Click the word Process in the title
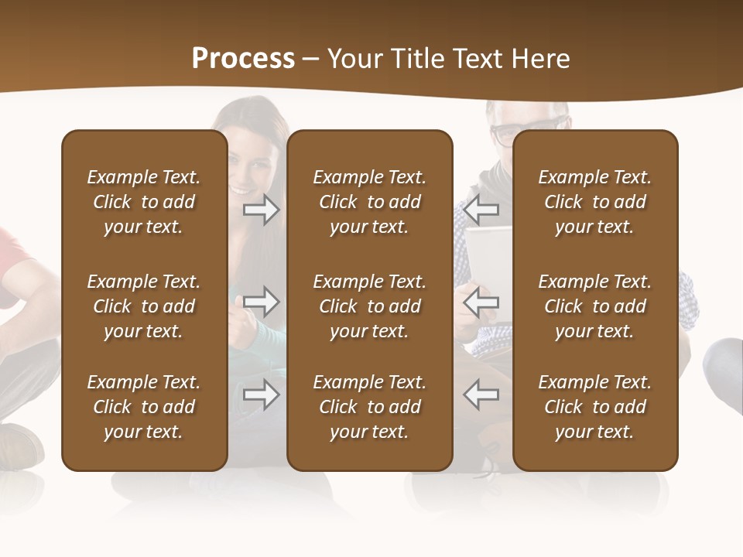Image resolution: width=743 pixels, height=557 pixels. pyautogui.click(x=243, y=59)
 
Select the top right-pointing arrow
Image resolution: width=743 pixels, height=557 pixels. pyautogui.click(x=262, y=210)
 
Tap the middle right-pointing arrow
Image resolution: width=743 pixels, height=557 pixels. pyautogui.click(x=262, y=302)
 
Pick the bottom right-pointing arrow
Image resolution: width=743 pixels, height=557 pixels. pyautogui.click(x=262, y=395)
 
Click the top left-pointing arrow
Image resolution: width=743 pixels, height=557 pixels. pyautogui.click(x=481, y=210)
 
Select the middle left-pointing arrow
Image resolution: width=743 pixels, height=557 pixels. pyautogui.click(x=481, y=302)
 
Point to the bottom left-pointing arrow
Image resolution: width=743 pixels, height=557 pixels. pyautogui.click(x=481, y=395)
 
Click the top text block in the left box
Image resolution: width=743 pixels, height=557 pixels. pyautogui.click(x=144, y=202)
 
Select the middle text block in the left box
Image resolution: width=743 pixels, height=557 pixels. pyautogui.click(x=144, y=306)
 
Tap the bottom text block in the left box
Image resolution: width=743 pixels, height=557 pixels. pyautogui.click(x=144, y=407)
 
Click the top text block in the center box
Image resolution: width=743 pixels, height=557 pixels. pyautogui.click(x=370, y=202)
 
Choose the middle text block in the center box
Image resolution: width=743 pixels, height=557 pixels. pyautogui.click(x=370, y=306)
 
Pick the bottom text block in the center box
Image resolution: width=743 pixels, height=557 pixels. pyautogui.click(x=370, y=407)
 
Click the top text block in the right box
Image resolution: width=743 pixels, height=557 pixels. pyautogui.click(x=595, y=202)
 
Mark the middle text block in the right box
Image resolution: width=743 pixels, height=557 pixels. pyautogui.click(x=595, y=306)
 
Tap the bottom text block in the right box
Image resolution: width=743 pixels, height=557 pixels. pyautogui.click(x=595, y=407)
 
